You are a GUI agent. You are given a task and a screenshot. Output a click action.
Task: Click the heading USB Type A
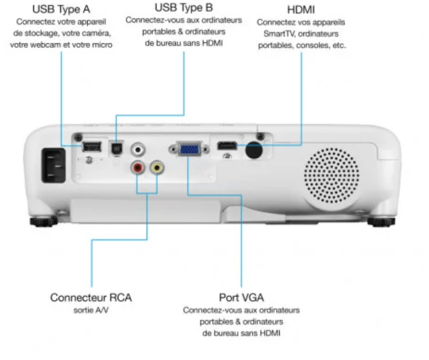pos(61,9)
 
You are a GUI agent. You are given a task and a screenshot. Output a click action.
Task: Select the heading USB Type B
pos(184,8)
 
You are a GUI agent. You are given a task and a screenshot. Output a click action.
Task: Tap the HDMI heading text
pos(301,10)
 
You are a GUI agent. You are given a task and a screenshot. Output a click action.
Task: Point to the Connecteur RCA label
pos(91,297)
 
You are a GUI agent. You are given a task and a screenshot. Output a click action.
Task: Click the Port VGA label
pos(241,297)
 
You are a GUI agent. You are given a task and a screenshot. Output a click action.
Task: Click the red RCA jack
pos(137,168)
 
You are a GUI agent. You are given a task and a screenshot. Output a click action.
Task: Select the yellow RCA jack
pos(158,167)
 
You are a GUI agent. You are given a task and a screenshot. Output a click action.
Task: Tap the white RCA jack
pos(137,148)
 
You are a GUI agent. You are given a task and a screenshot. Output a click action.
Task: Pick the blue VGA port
pos(188,148)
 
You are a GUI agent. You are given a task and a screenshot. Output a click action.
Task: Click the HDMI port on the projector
pos(227,147)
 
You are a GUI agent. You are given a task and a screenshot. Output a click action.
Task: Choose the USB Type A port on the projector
pos(92,146)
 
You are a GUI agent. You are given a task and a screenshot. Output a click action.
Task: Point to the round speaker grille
pos(331,175)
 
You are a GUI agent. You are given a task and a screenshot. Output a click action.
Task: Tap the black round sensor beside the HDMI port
pos(253,150)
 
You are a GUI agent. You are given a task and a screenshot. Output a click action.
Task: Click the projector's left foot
pos(43,222)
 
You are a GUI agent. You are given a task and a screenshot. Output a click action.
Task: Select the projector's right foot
pos(381,222)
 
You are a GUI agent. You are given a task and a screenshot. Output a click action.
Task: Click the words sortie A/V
pos(91,310)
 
